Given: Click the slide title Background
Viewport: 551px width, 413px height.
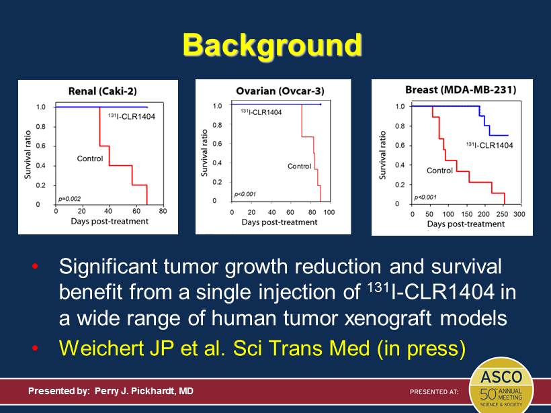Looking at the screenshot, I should point(272,46).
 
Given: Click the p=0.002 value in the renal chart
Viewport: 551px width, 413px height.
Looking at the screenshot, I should point(69,199).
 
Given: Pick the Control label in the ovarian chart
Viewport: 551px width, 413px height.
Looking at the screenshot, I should point(299,166).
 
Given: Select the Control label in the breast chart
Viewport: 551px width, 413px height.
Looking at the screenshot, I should point(439,171).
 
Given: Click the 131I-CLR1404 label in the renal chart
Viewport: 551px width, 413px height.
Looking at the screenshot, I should point(132,116).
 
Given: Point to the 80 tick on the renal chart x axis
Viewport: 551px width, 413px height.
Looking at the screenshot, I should point(163,211).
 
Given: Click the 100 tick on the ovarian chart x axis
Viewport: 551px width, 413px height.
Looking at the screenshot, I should point(329,212).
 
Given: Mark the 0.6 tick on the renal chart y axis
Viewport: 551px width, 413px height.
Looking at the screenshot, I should point(42,146).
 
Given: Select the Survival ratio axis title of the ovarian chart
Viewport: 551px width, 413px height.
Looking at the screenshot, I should point(205,153).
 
